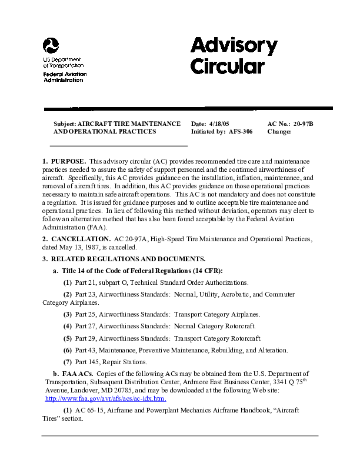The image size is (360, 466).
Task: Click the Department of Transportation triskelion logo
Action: (51, 46)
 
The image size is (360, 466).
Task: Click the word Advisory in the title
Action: (234, 45)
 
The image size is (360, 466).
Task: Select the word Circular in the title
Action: (227, 65)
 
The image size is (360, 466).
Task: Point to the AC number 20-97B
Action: (304, 124)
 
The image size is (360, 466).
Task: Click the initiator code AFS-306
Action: (240, 132)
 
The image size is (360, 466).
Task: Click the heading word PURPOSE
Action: (69, 161)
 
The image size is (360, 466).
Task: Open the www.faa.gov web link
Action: (106, 398)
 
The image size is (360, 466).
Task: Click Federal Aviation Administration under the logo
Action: (65, 77)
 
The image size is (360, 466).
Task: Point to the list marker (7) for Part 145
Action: (68, 362)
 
